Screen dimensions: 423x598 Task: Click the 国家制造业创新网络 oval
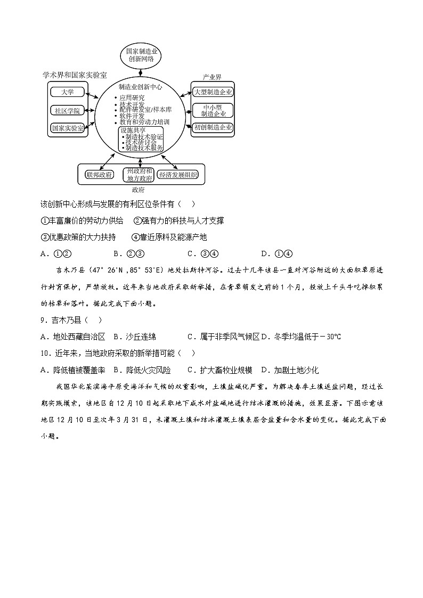click(x=141, y=55)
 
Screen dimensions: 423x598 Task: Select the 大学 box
click(x=68, y=92)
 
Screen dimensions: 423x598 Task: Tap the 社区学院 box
click(x=68, y=110)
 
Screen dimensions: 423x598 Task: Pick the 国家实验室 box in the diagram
click(x=68, y=128)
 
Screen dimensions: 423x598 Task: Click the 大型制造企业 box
click(x=213, y=92)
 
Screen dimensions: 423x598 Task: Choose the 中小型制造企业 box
click(x=213, y=110)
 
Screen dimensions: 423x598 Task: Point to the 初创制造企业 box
click(x=213, y=128)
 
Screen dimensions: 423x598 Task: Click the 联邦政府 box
click(x=99, y=175)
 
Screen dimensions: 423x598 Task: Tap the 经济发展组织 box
click(x=178, y=175)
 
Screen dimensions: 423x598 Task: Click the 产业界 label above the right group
click(x=212, y=77)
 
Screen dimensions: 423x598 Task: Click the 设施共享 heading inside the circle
click(x=131, y=130)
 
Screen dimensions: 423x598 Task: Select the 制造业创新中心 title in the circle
click(x=141, y=87)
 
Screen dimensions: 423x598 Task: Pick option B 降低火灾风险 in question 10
click(x=142, y=370)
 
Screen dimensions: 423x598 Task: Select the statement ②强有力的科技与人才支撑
click(x=178, y=220)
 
